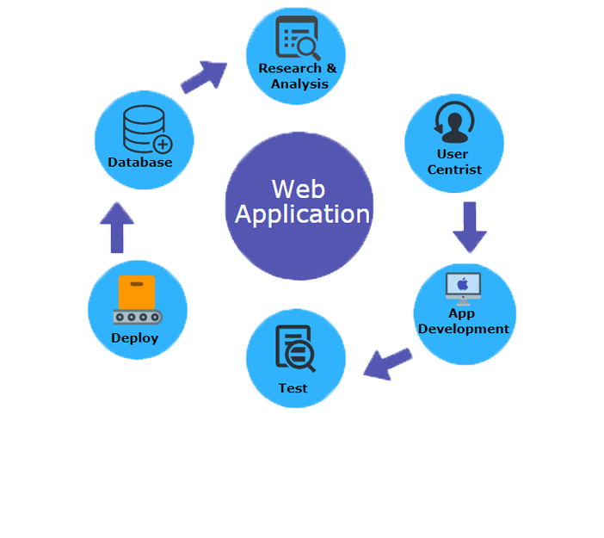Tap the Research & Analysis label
click(x=298, y=76)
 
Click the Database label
click(x=140, y=162)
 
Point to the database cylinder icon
click(x=144, y=128)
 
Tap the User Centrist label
click(x=454, y=162)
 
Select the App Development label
click(x=464, y=321)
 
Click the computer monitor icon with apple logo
click(x=463, y=287)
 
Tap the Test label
click(x=293, y=388)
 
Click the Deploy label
click(x=135, y=338)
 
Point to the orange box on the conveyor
click(x=137, y=291)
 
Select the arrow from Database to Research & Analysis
click(x=205, y=77)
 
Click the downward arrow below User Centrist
click(x=470, y=226)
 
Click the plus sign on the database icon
click(x=162, y=144)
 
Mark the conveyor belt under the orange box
click(x=137, y=317)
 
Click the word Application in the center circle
click(x=302, y=214)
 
